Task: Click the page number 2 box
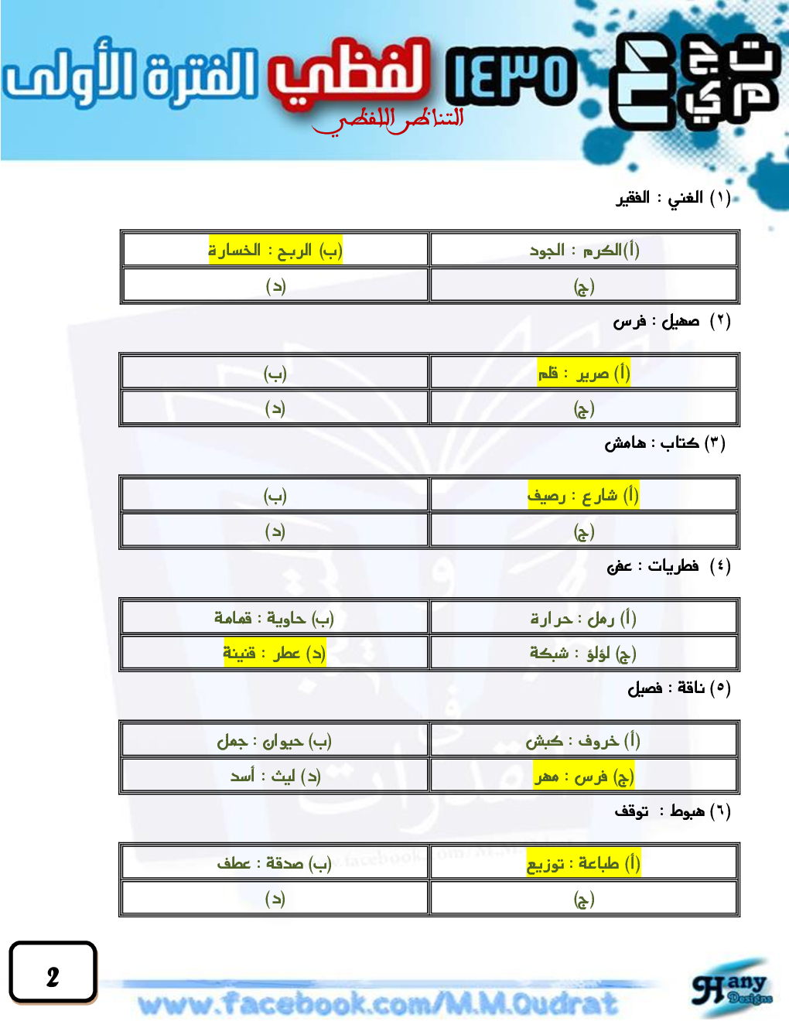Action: pos(53,972)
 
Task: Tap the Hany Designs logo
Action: pos(732,989)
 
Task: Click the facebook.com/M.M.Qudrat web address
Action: pos(378,1004)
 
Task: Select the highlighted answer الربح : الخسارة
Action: pos(275,251)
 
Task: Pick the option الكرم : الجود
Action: pos(584,251)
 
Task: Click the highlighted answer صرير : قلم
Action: pos(584,374)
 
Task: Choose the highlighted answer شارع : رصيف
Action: pos(583,495)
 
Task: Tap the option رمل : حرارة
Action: pos(583,618)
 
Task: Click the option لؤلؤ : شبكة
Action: pos(583,654)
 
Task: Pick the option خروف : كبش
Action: pos(583,741)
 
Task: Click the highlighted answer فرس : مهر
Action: pos(584,776)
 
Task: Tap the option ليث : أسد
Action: pos(275,776)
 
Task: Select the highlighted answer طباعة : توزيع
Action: pos(583,863)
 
